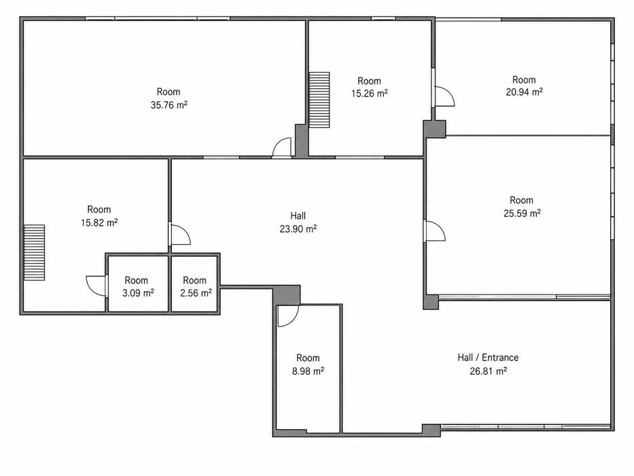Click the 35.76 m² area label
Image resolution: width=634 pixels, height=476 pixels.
(x=169, y=105)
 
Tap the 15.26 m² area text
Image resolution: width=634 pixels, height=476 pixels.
(x=369, y=94)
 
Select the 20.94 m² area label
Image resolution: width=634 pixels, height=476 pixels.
(x=524, y=92)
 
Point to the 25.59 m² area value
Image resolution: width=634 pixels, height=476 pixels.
(x=522, y=213)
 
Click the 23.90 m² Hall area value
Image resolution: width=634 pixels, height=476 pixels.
(x=298, y=228)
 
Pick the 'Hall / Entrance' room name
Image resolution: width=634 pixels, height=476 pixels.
(x=488, y=358)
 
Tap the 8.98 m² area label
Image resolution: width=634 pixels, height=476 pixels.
(x=308, y=371)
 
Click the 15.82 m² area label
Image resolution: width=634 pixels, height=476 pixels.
(x=99, y=222)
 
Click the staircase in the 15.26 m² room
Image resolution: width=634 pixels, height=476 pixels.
(x=319, y=100)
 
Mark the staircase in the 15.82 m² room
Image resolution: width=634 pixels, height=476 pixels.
(x=34, y=252)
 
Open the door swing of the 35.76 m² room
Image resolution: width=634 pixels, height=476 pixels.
(x=282, y=147)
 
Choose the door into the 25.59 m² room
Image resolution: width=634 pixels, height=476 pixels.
(x=436, y=231)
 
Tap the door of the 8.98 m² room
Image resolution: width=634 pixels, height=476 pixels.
(x=288, y=316)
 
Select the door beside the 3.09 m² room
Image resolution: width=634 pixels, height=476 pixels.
(x=96, y=286)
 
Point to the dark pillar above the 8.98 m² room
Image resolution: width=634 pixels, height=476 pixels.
(x=286, y=295)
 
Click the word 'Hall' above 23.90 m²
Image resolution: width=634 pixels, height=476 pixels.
(x=298, y=216)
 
